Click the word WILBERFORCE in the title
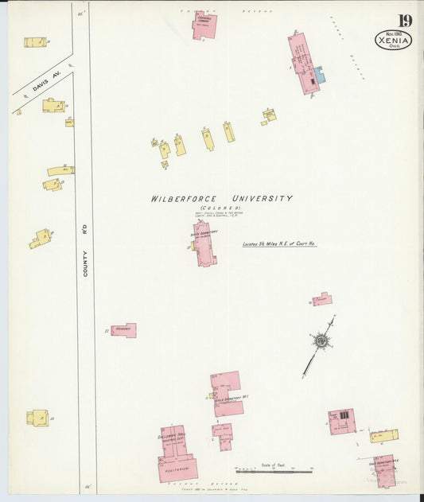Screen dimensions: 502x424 (x=187, y=199)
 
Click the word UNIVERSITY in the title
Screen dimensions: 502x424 (x=262, y=198)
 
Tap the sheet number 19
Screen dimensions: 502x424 (x=405, y=21)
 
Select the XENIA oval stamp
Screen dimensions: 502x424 (x=393, y=40)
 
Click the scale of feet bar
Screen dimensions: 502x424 (x=274, y=471)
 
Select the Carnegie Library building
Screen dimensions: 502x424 (x=204, y=26)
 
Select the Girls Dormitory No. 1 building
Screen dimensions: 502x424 (x=228, y=395)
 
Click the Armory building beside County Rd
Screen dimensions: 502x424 (x=124, y=330)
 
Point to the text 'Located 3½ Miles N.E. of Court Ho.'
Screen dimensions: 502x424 (x=279, y=244)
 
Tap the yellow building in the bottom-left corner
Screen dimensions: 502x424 (x=38, y=418)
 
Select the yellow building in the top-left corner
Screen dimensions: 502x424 (x=35, y=42)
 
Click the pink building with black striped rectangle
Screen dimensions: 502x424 (x=341, y=421)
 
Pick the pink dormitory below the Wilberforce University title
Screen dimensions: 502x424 (x=204, y=244)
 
